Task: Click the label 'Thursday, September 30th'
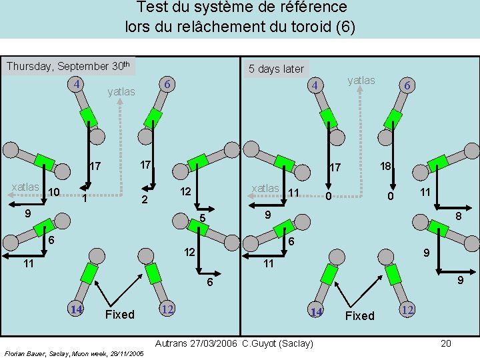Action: coord(67,66)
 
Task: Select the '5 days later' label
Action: coord(276,69)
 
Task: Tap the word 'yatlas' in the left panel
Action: coord(121,91)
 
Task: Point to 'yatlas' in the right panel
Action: coord(361,80)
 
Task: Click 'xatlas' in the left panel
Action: coord(25,187)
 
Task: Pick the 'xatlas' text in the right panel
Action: coord(265,189)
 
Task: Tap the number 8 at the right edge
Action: coord(459,216)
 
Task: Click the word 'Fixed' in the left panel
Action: coord(120,314)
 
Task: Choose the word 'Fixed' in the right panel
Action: coord(360,315)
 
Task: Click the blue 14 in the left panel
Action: coord(77,309)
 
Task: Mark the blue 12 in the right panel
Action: coord(408,309)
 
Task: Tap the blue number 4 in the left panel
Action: coord(77,85)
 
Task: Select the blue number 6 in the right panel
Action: coord(407,85)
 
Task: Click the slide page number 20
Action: coord(446,343)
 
